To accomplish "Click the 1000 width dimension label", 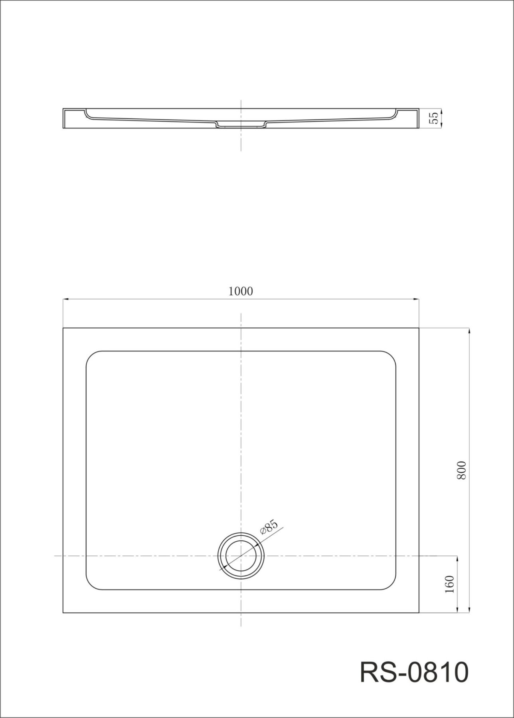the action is pyautogui.click(x=241, y=291).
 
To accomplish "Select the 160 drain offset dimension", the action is pyautogui.click(x=450, y=584).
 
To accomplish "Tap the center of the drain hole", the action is pyautogui.click(x=241, y=555).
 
